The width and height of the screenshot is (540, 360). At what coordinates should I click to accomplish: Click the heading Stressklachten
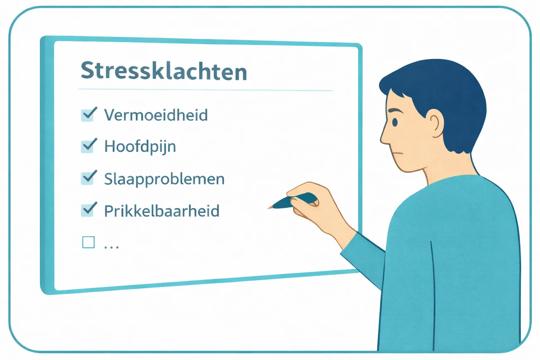tap(164, 71)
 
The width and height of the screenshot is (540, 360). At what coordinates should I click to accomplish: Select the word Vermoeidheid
tap(156, 115)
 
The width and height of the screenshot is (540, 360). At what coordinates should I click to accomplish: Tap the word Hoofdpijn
tap(140, 147)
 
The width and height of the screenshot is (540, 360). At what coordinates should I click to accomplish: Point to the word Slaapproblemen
tap(164, 179)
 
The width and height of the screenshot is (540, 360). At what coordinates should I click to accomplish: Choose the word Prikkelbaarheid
tap(162, 211)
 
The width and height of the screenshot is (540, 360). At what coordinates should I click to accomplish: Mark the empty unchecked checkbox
tap(88, 242)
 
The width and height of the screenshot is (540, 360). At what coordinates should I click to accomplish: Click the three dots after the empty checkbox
tap(111, 247)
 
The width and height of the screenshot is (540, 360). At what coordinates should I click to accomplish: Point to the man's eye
tap(394, 122)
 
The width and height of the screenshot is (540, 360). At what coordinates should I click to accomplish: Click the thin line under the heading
tap(205, 90)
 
